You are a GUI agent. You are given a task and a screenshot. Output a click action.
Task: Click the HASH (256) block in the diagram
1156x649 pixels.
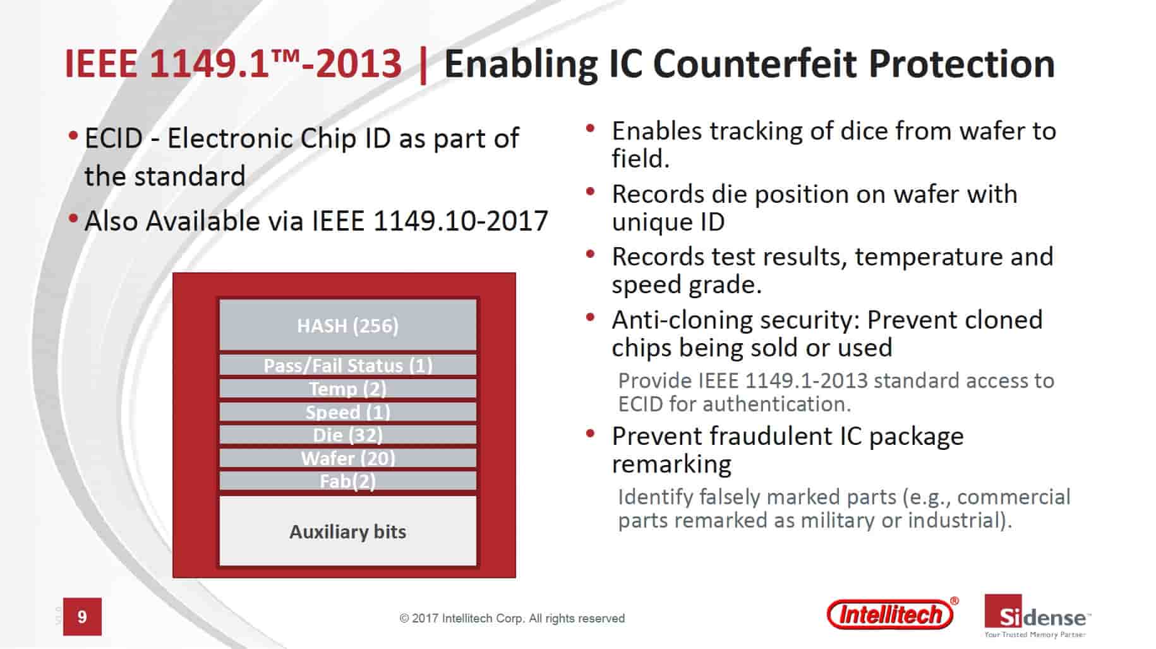[x=347, y=325]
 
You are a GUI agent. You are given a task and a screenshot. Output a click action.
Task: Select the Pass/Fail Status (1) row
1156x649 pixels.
[x=347, y=365]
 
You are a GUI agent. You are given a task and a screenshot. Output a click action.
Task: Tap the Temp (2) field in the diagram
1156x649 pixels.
[x=347, y=388]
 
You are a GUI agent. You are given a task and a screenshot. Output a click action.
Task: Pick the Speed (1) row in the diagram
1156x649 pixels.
[x=347, y=411]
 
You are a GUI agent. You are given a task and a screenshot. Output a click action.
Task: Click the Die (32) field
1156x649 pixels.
[x=347, y=435]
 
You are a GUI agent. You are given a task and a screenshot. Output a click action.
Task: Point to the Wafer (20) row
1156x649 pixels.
[x=347, y=458]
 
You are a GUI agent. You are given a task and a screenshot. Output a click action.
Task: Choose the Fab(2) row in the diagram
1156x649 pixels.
[x=347, y=481]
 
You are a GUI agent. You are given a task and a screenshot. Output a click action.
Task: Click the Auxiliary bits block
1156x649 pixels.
[x=347, y=531]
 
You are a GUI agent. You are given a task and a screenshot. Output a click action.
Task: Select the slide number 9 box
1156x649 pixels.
[x=82, y=616]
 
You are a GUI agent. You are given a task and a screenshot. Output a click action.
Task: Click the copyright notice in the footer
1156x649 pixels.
[x=512, y=619]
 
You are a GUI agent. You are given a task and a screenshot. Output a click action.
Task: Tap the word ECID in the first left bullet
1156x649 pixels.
[x=114, y=138]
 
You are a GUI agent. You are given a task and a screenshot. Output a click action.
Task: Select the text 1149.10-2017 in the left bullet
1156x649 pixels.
[x=461, y=221]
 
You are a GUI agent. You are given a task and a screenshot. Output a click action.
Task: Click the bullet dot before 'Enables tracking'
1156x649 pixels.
[x=591, y=128]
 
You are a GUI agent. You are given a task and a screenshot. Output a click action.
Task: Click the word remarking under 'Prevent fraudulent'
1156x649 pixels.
[x=671, y=464]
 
